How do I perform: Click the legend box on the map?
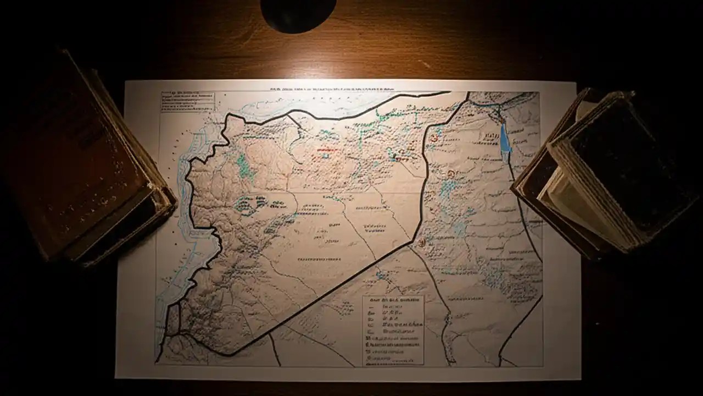pyautogui.click(x=393, y=330)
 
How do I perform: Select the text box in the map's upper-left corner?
pyautogui.click(x=187, y=102)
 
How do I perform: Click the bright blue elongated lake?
pyautogui.click(x=504, y=141)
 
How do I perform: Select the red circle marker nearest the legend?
pyautogui.click(x=421, y=242)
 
